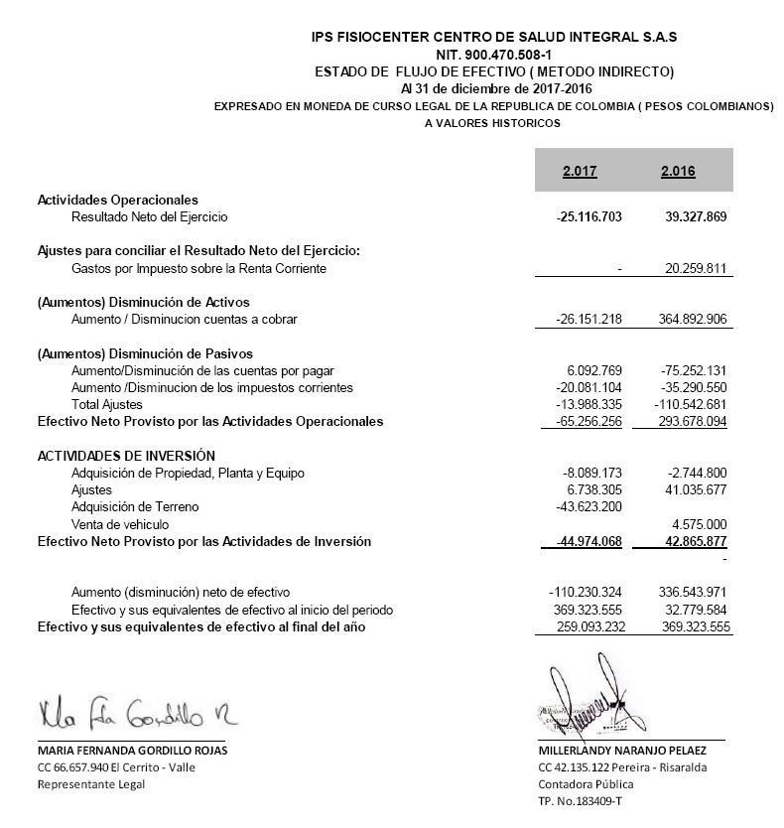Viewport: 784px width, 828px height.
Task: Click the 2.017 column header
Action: point(579,171)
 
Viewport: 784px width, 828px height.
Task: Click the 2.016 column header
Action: point(678,171)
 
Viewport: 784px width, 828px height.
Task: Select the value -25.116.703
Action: point(589,216)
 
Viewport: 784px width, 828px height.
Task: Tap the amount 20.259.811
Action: point(696,268)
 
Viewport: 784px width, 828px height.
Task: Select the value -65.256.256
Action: point(589,422)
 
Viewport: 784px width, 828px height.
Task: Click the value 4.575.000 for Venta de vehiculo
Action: point(700,524)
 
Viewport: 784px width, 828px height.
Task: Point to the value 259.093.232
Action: point(592,627)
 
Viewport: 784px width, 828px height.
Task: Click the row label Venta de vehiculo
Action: point(120,524)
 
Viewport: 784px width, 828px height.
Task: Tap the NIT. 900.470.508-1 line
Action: point(494,54)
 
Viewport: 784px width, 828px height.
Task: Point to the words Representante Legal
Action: point(90,784)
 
